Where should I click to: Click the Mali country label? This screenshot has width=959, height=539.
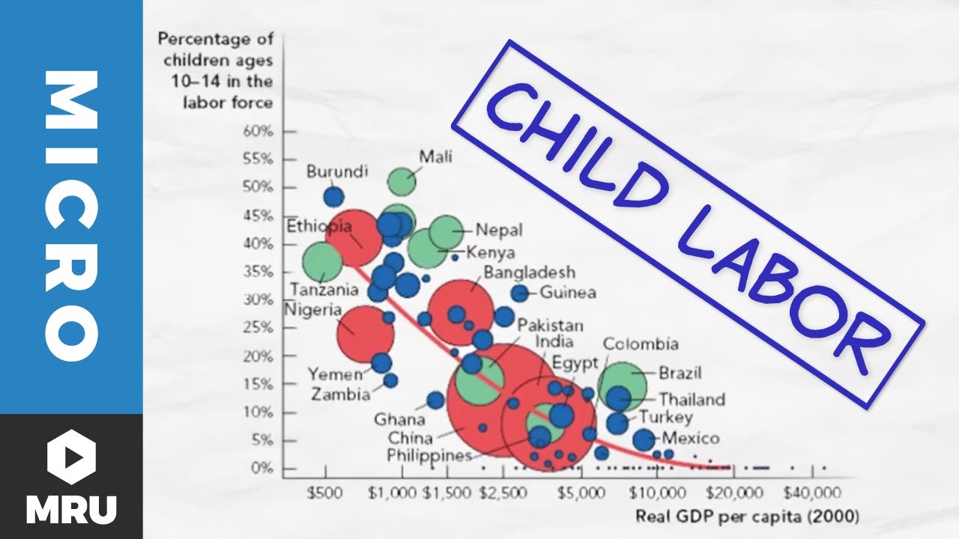(435, 156)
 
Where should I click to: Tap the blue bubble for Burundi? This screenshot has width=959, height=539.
(333, 197)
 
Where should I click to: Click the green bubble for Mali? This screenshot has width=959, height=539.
(402, 181)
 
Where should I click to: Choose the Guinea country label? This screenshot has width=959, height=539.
(568, 293)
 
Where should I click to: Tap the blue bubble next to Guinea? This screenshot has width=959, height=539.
(520, 293)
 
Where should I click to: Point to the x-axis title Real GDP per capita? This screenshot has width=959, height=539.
(747, 516)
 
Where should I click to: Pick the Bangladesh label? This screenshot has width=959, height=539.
(529, 272)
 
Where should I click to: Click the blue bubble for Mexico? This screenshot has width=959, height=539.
(644, 440)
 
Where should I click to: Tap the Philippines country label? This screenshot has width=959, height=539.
(429, 454)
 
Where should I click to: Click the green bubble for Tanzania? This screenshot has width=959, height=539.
(322, 263)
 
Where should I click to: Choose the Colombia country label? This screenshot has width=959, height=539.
(641, 344)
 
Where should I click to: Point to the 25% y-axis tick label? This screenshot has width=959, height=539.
(257, 328)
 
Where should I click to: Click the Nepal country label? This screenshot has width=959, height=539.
(499, 231)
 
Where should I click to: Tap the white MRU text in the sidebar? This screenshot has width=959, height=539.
(71, 508)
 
